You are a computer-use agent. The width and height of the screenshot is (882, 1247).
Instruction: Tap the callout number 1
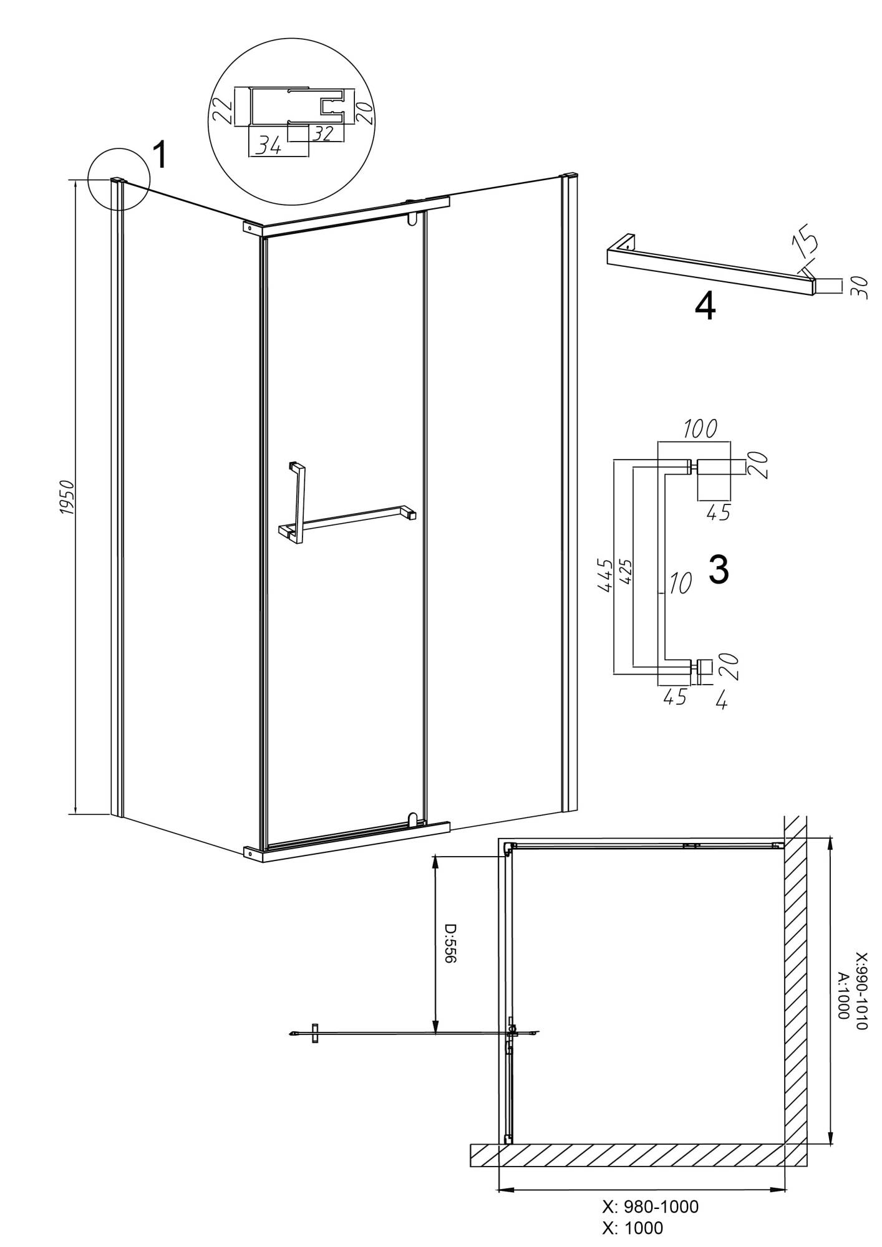160,155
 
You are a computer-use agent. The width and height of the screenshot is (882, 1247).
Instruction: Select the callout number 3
719,570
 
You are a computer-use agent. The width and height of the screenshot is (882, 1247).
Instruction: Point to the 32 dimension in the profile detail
322,132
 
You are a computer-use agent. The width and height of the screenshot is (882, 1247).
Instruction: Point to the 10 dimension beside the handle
681,583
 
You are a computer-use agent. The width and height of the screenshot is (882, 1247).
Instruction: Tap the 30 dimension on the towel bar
858,287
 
